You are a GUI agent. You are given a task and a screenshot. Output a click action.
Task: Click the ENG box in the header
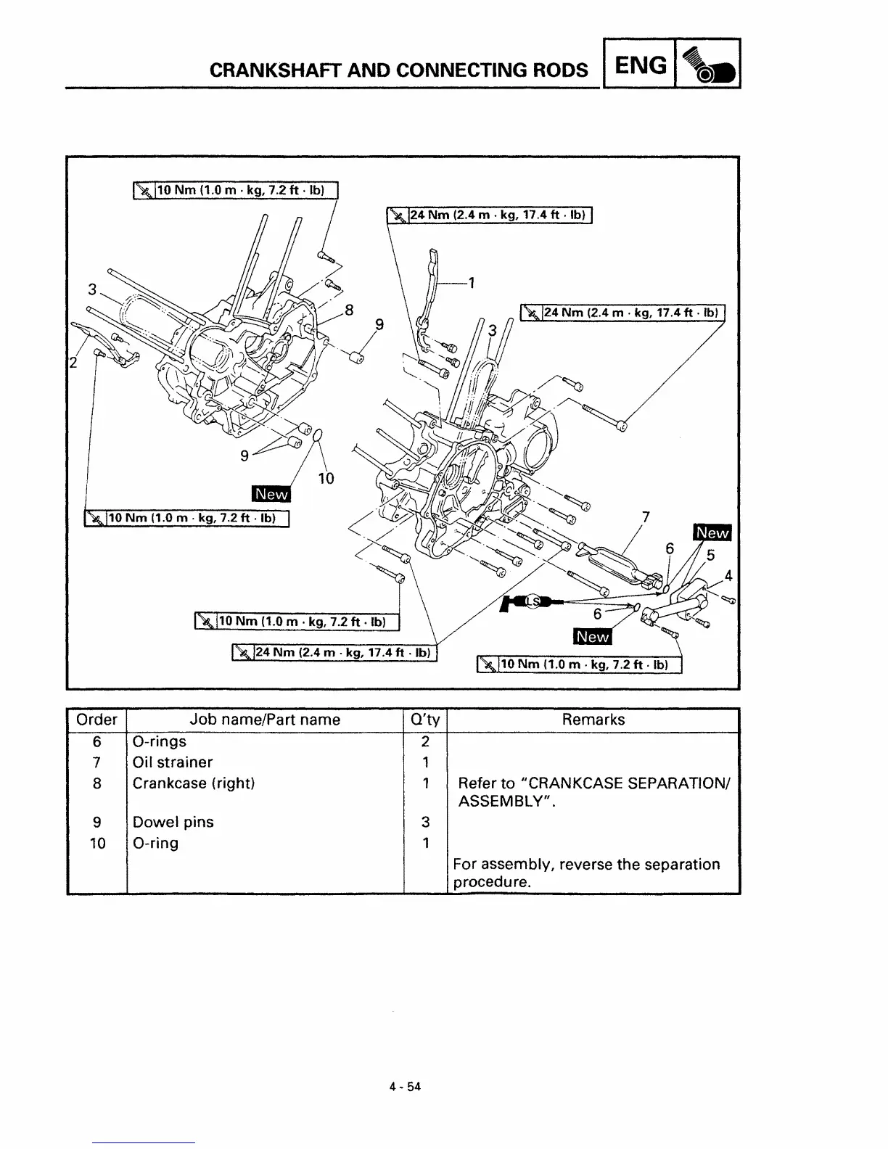(639, 65)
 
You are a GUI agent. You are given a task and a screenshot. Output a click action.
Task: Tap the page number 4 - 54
(405, 1087)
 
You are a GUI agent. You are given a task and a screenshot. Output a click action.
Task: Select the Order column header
(96, 720)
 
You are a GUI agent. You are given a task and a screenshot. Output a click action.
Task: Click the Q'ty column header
(425, 720)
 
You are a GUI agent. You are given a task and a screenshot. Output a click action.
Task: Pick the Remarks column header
(593, 720)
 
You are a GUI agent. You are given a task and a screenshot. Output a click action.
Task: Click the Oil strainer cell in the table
(173, 762)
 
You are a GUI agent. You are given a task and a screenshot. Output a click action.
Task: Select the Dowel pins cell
(173, 822)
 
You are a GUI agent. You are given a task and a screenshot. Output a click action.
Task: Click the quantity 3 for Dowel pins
(425, 822)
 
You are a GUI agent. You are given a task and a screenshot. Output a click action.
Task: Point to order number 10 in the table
(96, 843)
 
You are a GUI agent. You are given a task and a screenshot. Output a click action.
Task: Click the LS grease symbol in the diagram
(533, 601)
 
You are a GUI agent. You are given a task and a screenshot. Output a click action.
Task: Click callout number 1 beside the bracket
(472, 283)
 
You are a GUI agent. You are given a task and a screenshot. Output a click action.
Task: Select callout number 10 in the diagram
(326, 478)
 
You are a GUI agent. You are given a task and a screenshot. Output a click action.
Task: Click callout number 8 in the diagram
(349, 310)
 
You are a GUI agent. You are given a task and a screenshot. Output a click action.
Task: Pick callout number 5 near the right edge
(710, 556)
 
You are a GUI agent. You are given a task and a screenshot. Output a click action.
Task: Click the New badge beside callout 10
(271, 494)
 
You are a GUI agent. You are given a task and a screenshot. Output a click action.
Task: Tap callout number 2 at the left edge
(73, 363)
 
